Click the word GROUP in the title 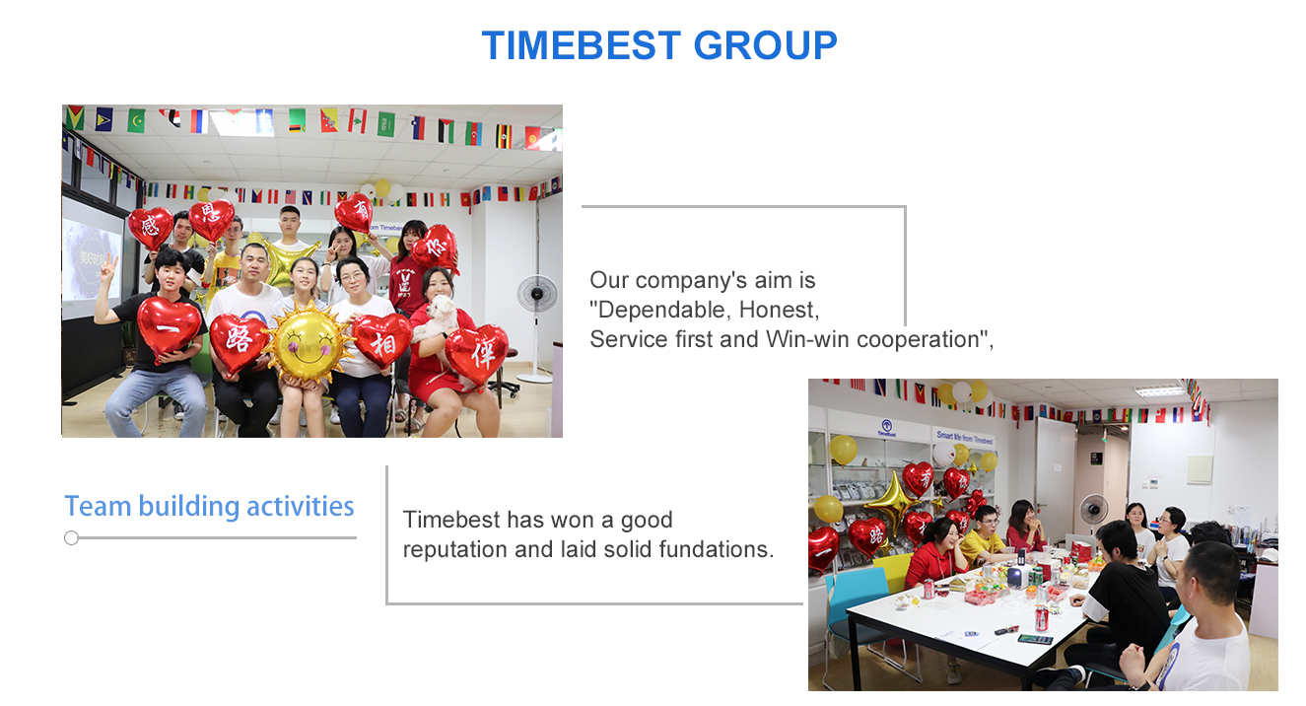click(765, 45)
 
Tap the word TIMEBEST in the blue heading click(581, 45)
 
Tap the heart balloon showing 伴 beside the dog click(477, 354)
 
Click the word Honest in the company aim click(779, 310)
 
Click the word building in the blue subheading click(189, 507)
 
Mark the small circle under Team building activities click(71, 538)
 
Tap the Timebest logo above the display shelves click(886, 428)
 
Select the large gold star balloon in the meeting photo click(892, 501)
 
